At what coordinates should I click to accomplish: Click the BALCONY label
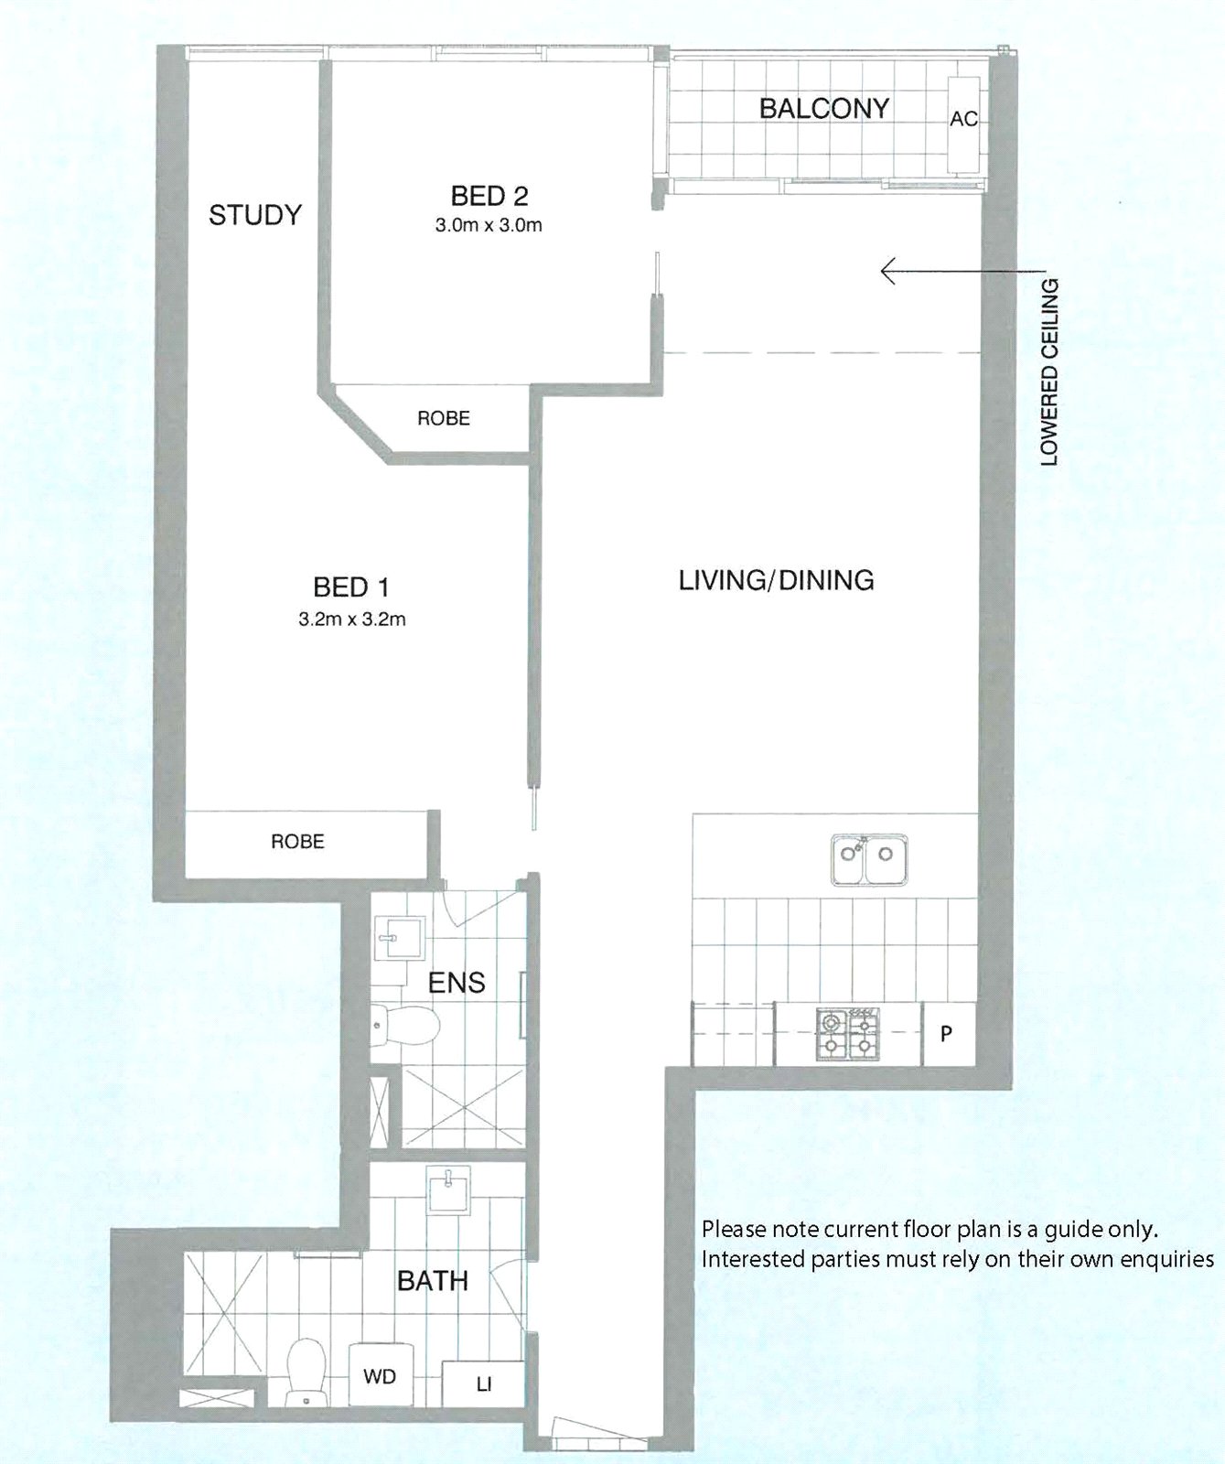pyautogui.click(x=823, y=108)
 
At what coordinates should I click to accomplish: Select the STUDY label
pyautogui.click(x=255, y=215)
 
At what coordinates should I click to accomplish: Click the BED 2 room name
pyautogui.click(x=489, y=195)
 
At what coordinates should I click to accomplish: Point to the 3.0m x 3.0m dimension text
pyautogui.click(x=489, y=225)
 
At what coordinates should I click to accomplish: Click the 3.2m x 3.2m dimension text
pyautogui.click(x=352, y=619)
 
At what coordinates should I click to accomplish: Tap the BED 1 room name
pyautogui.click(x=352, y=587)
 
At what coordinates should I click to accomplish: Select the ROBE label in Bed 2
pyautogui.click(x=444, y=418)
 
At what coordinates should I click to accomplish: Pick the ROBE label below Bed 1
pyautogui.click(x=297, y=841)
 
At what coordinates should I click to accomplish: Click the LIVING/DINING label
pyautogui.click(x=776, y=579)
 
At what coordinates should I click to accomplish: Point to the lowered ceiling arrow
pyautogui.click(x=962, y=271)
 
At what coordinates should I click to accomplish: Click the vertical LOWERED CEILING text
pyautogui.click(x=1049, y=371)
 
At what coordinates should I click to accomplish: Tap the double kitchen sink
pyautogui.click(x=869, y=859)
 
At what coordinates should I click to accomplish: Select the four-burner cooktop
pyautogui.click(x=847, y=1034)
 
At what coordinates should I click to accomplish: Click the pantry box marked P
pyautogui.click(x=947, y=1033)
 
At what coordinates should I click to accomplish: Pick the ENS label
pyautogui.click(x=457, y=983)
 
